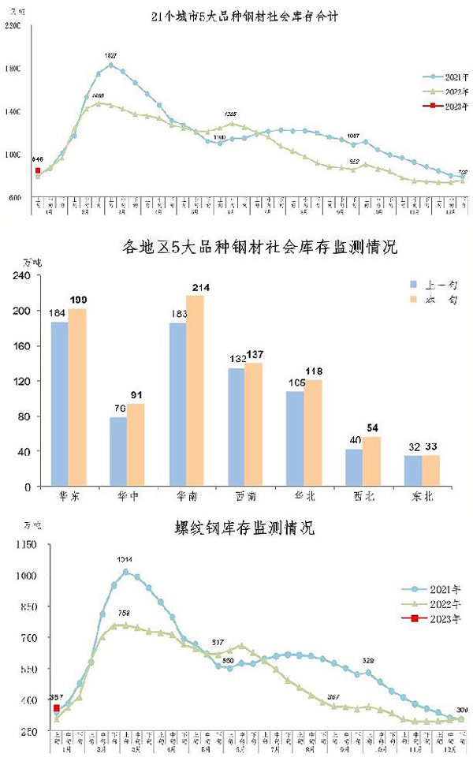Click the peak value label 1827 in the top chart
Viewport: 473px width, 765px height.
111,55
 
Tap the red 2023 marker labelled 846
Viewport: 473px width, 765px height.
38,170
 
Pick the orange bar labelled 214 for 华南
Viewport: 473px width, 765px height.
195,390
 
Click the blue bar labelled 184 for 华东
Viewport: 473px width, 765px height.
58,404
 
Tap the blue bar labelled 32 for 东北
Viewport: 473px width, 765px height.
412,471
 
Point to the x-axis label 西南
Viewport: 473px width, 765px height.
244,498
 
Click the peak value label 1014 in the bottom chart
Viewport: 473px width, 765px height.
125,560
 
